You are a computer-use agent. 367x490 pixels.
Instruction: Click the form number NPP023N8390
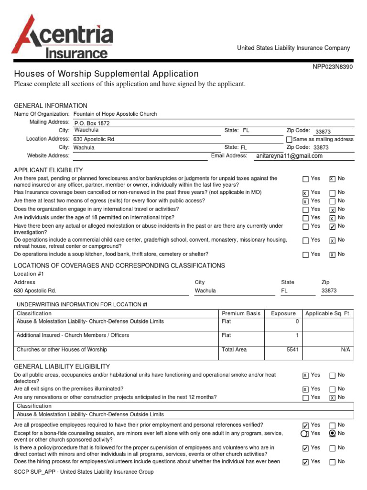[x=333, y=67]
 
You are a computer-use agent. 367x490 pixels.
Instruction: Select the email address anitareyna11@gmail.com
[x=289, y=156]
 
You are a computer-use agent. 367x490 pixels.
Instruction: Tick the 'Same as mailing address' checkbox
[x=289, y=139]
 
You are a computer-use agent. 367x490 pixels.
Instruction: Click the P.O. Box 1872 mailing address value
[x=91, y=123]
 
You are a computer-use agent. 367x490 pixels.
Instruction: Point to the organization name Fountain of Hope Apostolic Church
[x=115, y=114]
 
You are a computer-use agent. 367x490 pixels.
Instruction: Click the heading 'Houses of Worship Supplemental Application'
[x=106, y=74]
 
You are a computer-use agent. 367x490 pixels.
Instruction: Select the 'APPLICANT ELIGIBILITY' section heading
[x=48, y=170]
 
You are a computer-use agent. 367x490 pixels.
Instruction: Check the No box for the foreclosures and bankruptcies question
[x=332, y=179]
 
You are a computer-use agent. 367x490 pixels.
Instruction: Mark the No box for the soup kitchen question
[x=332, y=255]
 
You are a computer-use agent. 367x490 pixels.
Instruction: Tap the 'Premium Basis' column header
[x=241, y=313]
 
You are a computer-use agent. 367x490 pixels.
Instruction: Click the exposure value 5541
[x=292, y=350]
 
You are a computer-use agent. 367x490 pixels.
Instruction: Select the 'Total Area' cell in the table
[x=234, y=350]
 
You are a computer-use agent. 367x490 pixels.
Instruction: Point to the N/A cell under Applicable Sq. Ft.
[x=345, y=350]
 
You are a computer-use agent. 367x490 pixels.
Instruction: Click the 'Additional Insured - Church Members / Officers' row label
[x=73, y=335]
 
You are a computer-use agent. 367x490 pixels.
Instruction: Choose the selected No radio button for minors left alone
[x=332, y=434]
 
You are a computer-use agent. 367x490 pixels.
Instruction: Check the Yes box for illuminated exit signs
[x=305, y=390]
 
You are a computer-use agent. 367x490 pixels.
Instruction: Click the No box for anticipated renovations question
[x=332, y=398]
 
